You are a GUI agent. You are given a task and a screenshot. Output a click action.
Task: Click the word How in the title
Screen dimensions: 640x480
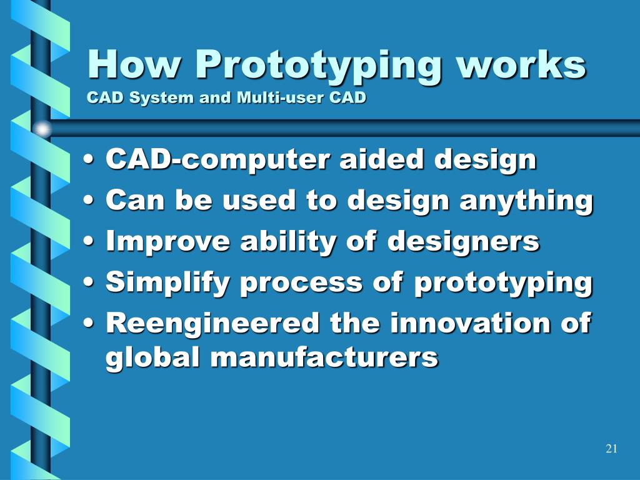point(134,64)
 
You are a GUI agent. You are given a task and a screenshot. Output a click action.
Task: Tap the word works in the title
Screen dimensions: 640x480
point(521,64)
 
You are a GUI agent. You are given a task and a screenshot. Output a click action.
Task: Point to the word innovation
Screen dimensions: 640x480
point(469,322)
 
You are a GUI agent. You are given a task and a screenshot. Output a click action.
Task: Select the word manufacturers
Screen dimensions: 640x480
point(324,357)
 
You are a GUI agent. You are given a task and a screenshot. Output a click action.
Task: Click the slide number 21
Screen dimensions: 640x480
point(611,449)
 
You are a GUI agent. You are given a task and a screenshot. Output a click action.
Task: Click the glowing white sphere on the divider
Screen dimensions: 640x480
point(42,129)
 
